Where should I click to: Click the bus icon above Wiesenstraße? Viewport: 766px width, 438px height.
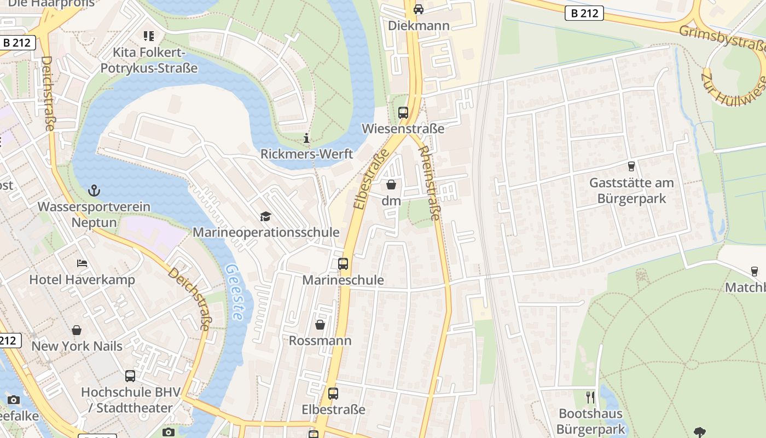point(403,113)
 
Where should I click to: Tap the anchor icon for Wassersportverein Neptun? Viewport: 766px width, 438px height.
point(95,191)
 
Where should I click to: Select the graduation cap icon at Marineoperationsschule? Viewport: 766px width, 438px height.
point(265,216)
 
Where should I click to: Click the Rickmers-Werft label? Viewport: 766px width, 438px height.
point(306,154)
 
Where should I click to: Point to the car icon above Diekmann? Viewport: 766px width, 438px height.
point(419,9)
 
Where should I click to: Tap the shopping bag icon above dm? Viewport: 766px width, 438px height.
point(391,185)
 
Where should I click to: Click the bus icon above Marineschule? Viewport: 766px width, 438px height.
point(343,264)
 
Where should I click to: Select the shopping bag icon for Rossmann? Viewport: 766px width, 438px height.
point(320,325)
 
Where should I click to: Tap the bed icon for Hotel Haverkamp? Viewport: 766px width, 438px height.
point(82,263)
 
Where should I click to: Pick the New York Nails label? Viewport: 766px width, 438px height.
point(77,346)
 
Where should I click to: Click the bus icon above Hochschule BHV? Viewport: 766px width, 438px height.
point(130,376)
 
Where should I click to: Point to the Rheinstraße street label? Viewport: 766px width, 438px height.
point(428,183)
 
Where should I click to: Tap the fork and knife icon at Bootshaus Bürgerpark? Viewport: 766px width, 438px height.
point(590,397)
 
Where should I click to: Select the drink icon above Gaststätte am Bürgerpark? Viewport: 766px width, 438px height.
point(631,166)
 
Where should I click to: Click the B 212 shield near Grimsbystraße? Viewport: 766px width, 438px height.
point(584,13)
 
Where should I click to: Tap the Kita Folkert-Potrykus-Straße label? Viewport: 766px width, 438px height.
point(148,60)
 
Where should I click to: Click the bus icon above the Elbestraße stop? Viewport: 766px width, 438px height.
point(333,393)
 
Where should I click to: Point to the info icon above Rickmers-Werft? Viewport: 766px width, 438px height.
point(306,139)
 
